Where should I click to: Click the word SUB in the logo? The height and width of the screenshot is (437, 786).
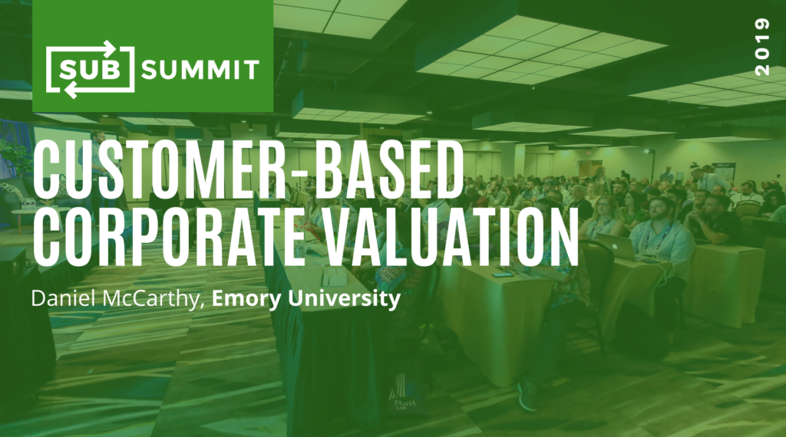91,70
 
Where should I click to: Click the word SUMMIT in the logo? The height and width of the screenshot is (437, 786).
200,70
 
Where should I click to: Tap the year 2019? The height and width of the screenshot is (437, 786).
762,47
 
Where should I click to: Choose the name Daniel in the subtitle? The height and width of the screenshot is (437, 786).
64,298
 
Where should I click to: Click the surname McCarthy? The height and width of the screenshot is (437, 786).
153,299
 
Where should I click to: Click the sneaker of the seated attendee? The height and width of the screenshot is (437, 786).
527,396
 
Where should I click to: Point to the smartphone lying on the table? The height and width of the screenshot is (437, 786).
503,274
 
